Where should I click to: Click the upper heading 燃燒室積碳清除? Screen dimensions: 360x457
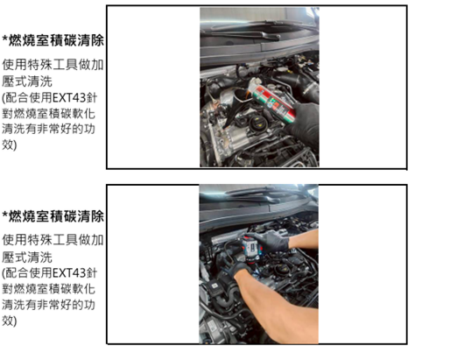pos(57,40)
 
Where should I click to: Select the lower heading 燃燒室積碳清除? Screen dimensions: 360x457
pos(57,216)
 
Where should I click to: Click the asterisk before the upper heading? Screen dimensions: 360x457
pos(4,40)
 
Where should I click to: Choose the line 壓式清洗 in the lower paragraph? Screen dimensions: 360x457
pos(27,255)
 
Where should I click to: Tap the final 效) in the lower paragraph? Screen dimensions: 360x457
pos(11,321)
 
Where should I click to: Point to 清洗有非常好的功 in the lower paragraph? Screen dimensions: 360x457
pos(54,304)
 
